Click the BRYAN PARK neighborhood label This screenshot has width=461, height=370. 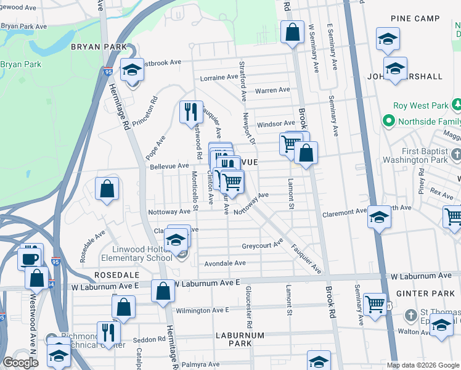coord(98,47)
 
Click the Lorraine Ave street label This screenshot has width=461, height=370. coord(219,78)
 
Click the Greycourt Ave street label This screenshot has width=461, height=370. coord(262,245)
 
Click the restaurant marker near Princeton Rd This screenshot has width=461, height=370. coord(191,112)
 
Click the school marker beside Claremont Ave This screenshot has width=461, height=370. coord(380,217)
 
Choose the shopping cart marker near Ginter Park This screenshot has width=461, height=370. coord(375,304)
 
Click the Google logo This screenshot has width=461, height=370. coord(20,363)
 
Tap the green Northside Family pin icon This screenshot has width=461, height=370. coord(388,120)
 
